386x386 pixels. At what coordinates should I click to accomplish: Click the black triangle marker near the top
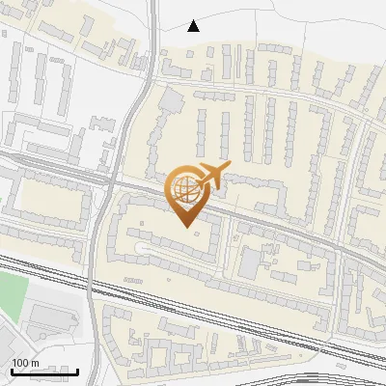coord(194,26)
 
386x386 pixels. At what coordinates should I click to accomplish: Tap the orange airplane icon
coord(213,176)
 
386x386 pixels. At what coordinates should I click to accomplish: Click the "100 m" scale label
coord(25,363)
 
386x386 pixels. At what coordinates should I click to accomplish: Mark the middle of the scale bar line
coord(44,372)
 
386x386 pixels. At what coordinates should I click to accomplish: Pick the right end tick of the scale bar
coord(77,371)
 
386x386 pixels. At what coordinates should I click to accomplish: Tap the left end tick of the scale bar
coord(12,371)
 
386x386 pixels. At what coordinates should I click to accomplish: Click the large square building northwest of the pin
coord(171,100)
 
